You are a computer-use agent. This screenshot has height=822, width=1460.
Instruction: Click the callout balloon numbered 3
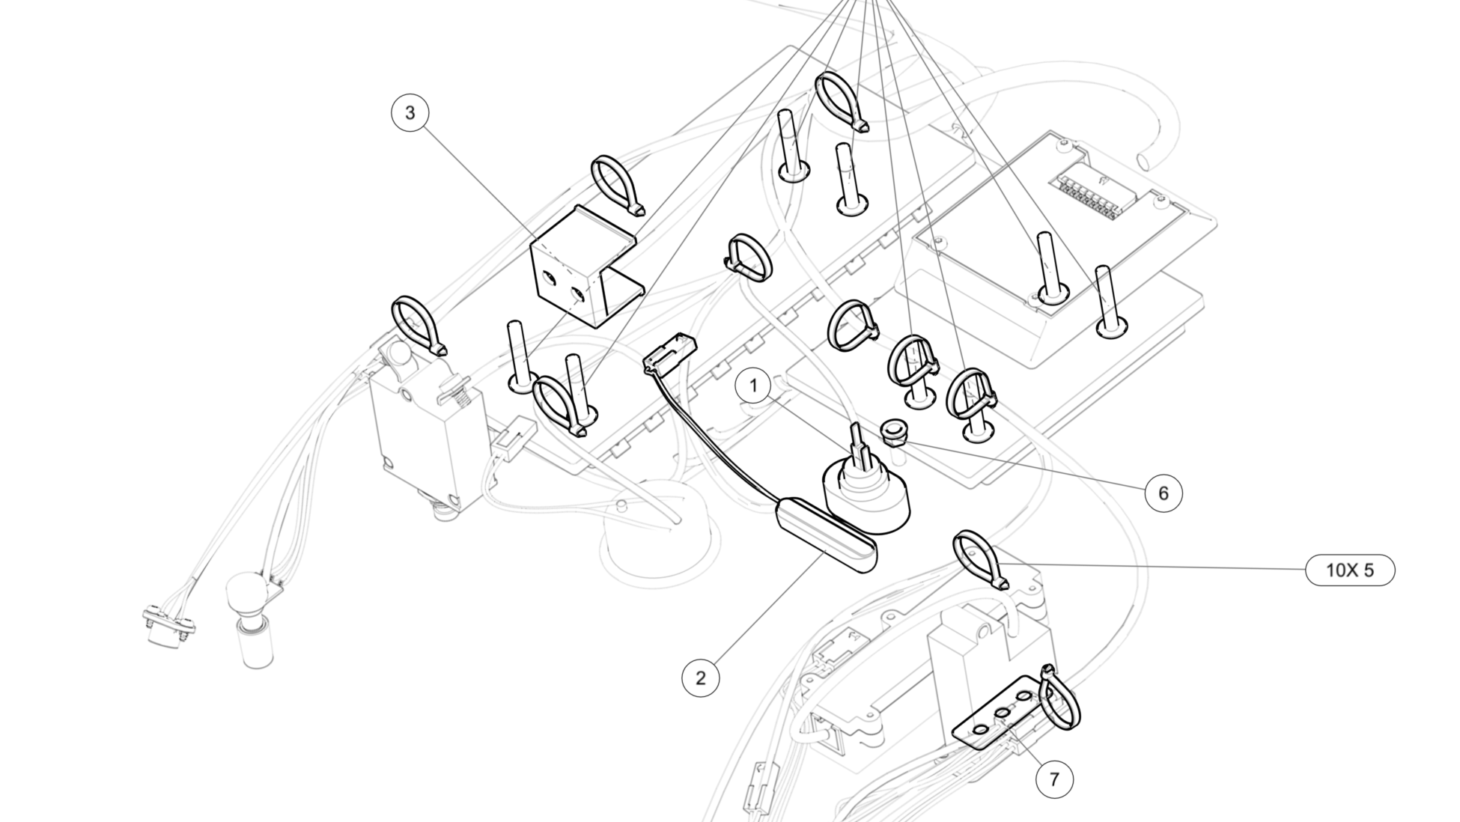pos(410,113)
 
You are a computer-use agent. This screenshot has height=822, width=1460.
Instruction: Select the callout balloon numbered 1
pos(753,386)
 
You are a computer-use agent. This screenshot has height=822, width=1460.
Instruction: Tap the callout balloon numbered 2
pos(700,678)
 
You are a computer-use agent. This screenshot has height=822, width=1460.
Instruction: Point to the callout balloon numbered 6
pos(1163,493)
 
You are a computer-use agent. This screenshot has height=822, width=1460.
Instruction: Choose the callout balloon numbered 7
pos(1054,779)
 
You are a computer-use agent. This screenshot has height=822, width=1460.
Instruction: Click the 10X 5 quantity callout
pos(1350,570)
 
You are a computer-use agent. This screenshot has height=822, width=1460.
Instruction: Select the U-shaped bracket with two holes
pos(584,273)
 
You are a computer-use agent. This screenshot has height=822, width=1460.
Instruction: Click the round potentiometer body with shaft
pos(866,490)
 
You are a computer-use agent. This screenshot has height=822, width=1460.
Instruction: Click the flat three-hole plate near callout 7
pos(1000,715)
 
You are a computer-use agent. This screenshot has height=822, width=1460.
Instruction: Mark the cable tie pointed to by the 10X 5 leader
pos(977,558)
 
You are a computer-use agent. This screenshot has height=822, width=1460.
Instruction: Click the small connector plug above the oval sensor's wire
pos(669,352)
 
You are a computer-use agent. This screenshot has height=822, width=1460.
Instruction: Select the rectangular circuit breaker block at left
pos(423,438)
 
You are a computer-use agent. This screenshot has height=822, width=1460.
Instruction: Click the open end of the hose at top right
pos(1146,159)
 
